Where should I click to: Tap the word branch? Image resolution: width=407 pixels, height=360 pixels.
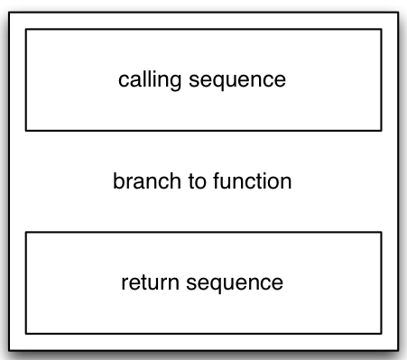[142, 181]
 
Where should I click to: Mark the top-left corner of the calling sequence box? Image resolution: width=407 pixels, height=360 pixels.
[25, 29]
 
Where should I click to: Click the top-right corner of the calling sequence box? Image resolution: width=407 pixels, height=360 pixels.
[381, 29]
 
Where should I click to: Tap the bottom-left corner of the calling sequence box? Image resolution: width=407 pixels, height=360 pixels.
[25, 131]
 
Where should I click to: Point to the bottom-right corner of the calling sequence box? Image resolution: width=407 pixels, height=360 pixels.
[381, 131]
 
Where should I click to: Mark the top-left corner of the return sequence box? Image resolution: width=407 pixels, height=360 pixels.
[25, 232]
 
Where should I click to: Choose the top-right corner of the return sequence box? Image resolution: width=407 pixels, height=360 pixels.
[381, 232]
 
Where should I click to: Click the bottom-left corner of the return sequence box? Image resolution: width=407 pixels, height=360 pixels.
[25, 333]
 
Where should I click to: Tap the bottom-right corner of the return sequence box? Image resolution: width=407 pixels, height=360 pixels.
[381, 333]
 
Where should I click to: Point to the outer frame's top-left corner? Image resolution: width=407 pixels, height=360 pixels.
[9, 11]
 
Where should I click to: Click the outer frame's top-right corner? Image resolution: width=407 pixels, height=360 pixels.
[397, 11]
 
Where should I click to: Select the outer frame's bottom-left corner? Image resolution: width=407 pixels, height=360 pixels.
[9, 350]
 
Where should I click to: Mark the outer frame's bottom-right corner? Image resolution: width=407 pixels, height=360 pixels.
[397, 350]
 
